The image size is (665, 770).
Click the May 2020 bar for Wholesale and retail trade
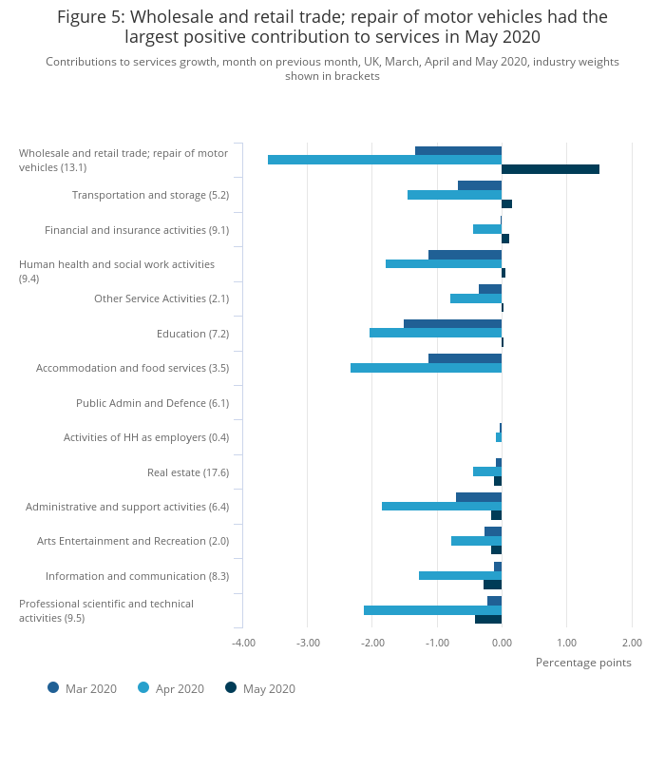click(x=550, y=169)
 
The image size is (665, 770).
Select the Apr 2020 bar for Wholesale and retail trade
click(x=385, y=160)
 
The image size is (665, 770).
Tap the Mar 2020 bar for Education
click(x=452, y=323)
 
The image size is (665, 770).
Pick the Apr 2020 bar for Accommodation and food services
click(x=426, y=368)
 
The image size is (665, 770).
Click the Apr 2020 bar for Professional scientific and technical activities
click(x=433, y=610)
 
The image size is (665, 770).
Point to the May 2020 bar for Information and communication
click(x=493, y=585)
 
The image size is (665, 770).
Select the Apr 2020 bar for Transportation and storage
click(x=454, y=195)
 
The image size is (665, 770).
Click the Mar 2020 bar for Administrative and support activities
click(x=479, y=497)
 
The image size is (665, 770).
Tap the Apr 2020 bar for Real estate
click(x=487, y=472)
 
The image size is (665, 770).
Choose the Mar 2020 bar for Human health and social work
click(x=465, y=255)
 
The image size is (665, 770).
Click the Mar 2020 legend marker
click(x=53, y=687)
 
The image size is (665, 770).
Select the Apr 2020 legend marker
click(x=143, y=687)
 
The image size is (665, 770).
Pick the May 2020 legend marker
click(x=231, y=687)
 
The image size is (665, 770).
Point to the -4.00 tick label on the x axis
click(x=243, y=643)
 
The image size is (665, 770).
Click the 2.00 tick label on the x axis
click(x=632, y=643)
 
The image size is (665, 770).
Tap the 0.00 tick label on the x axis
click(x=502, y=643)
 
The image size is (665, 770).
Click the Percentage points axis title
click(x=583, y=663)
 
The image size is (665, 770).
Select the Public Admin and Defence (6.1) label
click(x=153, y=403)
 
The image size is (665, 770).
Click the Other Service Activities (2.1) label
click(x=161, y=298)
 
